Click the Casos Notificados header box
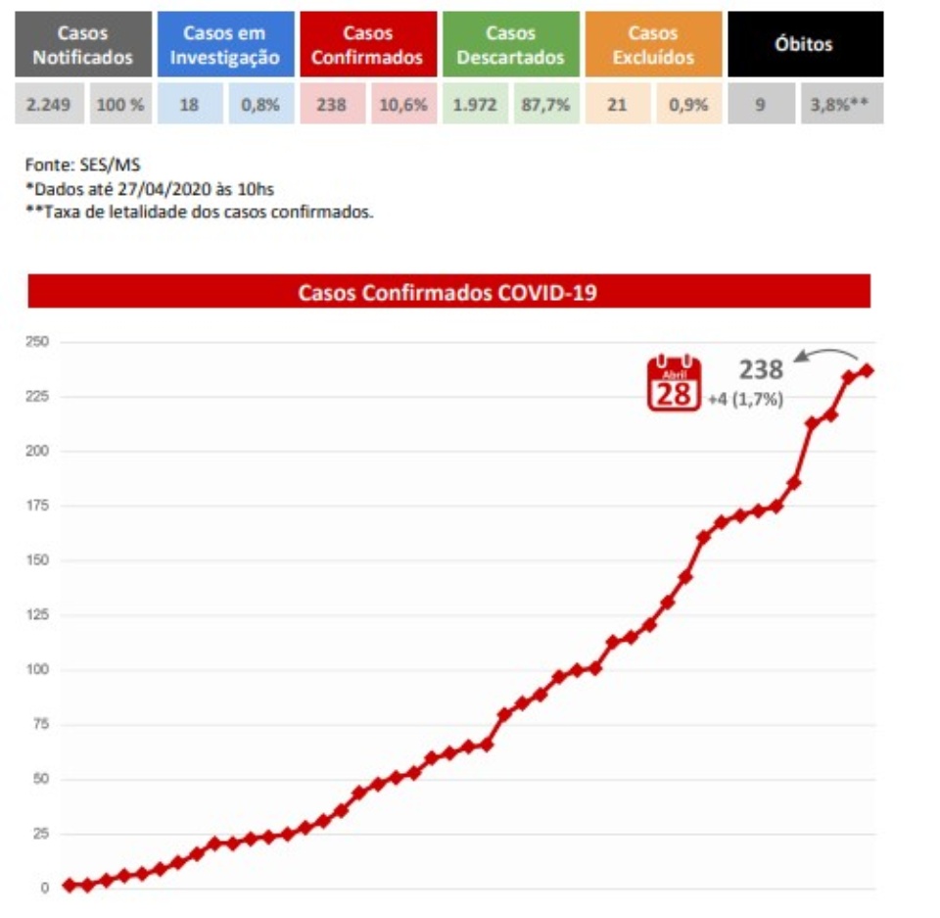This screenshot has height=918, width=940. (x=83, y=45)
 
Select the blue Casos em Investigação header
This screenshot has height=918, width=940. (x=224, y=45)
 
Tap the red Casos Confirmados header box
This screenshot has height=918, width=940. (x=367, y=45)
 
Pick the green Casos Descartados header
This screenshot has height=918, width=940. (x=510, y=45)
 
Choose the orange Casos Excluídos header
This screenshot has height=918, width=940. (x=653, y=45)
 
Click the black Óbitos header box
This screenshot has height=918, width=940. (x=806, y=45)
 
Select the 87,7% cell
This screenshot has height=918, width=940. (x=545, y=104)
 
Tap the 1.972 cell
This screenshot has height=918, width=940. (x=475, y=104)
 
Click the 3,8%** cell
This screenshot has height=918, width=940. (x=841, y=104)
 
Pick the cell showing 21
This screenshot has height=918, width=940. (x=617, y=104)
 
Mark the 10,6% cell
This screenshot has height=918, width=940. (x=403, y=104)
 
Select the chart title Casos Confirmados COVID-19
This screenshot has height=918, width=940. (x=448, y=291)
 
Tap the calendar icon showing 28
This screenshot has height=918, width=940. (x=674, y=383)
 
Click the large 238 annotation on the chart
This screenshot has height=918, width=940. (x=761, y=369)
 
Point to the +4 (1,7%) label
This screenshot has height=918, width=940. (x=746, y=400)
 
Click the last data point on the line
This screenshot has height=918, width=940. (x=867, y=370)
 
